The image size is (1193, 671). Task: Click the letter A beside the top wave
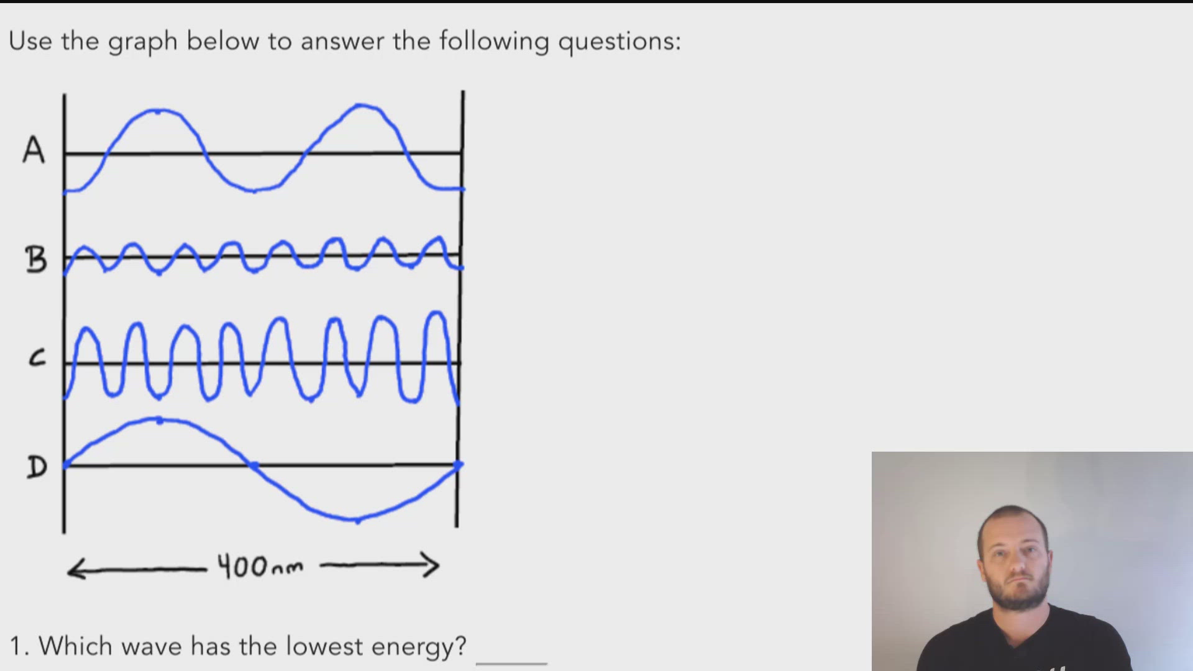click(x=34, y=150)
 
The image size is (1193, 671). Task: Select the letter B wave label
click(x=36, y=260)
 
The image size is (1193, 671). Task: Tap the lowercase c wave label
click(x=37, y=358)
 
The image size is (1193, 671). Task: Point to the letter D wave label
click(x=37, y=467)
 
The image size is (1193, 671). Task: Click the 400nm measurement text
click(x=260, y=567)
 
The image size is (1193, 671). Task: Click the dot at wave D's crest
click(x=160, y=421)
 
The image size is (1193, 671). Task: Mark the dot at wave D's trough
click(x=357, y=519)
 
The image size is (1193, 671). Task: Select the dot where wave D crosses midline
click(x=254, y=465)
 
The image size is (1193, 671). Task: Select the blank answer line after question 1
click(x=511, y=662)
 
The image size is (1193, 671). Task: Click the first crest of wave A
click(x=158, y=111)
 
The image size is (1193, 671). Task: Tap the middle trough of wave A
click(x=254, y=190)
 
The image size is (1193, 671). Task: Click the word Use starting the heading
click(x=30, y=41)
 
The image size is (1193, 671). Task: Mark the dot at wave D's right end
click(x=459, y=465)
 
